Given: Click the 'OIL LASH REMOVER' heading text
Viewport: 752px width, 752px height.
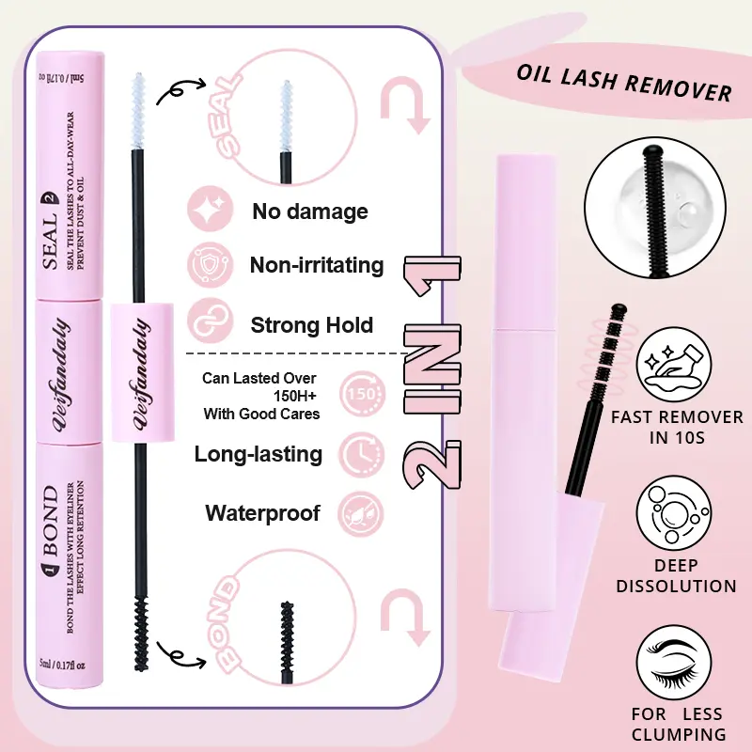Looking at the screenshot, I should [x=624, y=83].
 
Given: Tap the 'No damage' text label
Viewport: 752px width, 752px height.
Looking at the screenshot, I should [x=309, y=211].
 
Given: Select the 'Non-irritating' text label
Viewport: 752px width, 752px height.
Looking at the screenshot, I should [x=317, y=266].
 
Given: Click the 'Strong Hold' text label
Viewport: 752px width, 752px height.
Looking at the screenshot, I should [x=312, y=325].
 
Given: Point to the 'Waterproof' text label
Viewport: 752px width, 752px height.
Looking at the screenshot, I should [x=262, y=513].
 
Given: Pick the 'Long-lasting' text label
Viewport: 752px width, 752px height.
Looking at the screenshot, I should [x=258, y=455].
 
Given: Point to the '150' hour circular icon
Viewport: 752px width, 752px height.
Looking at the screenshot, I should [x=357, y=390].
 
